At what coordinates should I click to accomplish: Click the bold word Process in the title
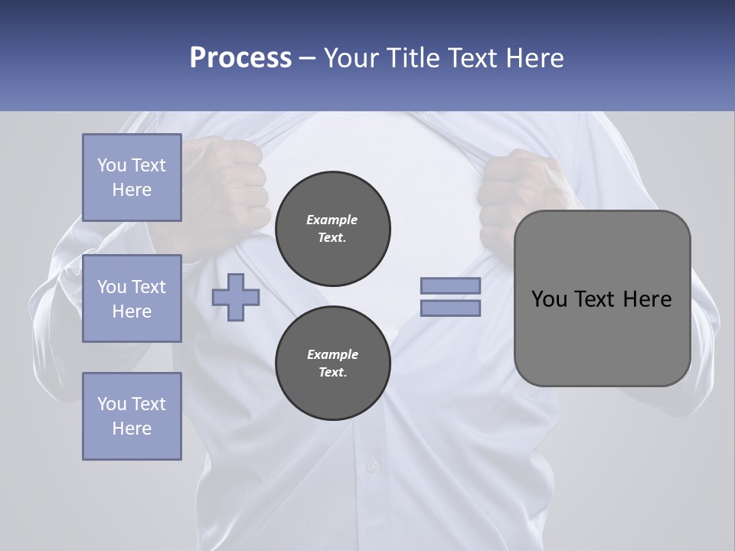click(x=240, y=58)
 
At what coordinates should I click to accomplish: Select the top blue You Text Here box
click(x=132, y=178)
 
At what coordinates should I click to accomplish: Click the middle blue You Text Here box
click(x=132, y=298)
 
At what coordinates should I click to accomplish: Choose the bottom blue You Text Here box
click(x=132, y=416)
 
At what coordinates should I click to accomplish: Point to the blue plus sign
click(x=236, y=297)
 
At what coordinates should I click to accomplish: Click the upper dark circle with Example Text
click(x=333, y=229)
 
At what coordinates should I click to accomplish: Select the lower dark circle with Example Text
click(x=333, y=364)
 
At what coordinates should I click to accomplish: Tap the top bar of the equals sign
click(x=450, y=285)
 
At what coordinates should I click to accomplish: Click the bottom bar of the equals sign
click(x=450, y=308)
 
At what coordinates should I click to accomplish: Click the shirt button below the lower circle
click(x=372, y=465)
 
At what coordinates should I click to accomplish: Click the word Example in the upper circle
click(x=332, y=220)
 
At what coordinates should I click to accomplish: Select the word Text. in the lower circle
click(x=332, y=373)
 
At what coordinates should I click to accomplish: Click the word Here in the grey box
click(x=647, y=299)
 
